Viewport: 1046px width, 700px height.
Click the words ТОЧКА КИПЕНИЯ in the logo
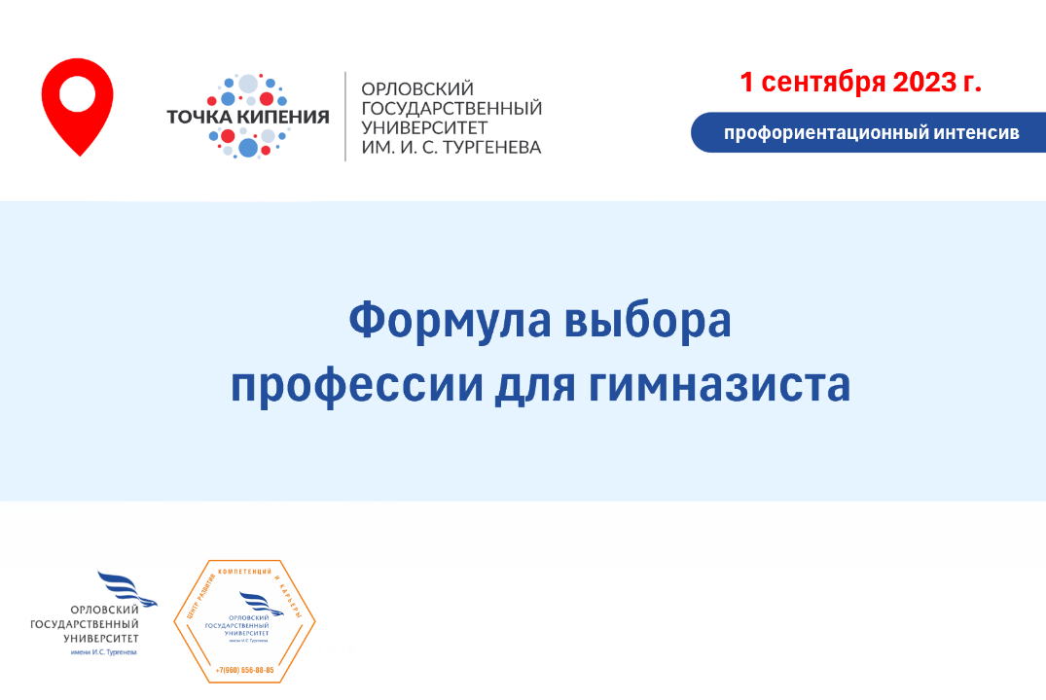tap(248, 117)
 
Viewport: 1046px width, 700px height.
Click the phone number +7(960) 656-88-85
tap(244, 671)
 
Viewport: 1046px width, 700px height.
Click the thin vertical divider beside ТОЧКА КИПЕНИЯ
tap(345, 117)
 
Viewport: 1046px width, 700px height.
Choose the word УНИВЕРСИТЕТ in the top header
tap(424, 126)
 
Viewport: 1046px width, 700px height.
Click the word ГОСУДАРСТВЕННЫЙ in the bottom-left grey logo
tap(85, 624)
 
